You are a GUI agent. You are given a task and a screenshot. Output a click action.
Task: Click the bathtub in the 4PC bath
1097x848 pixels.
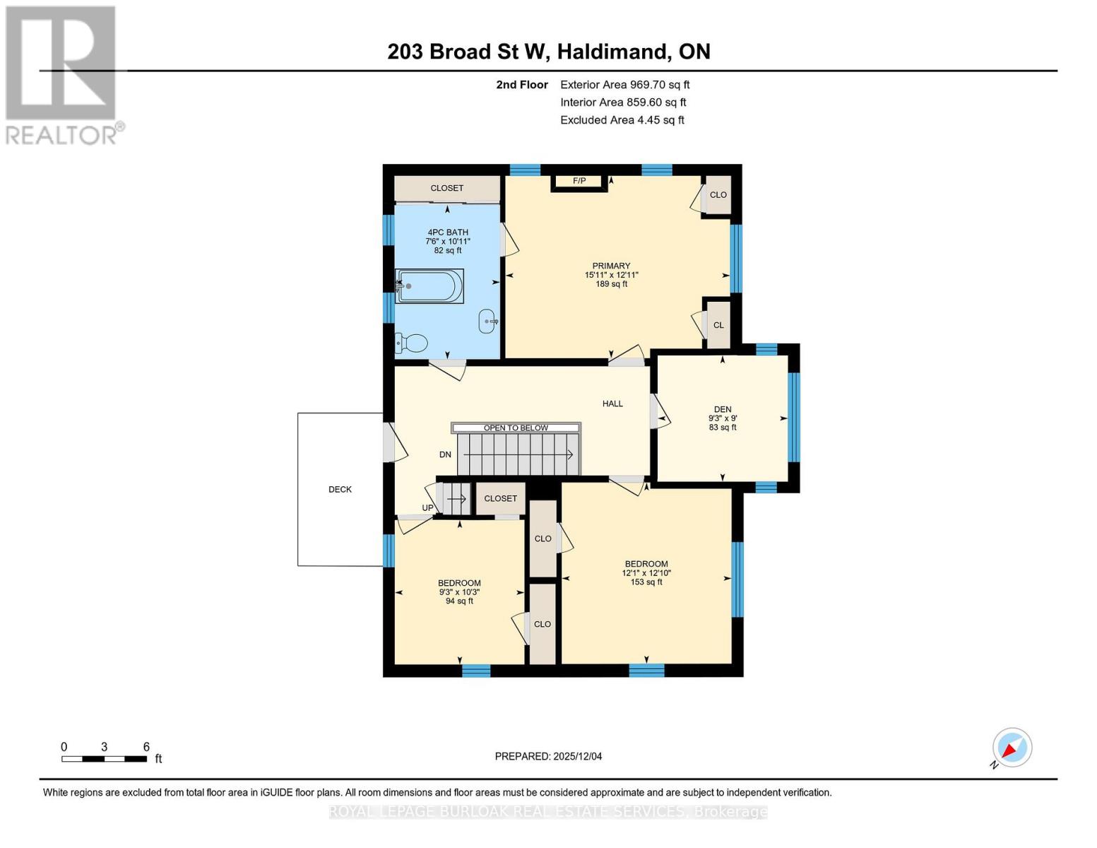point(429,286)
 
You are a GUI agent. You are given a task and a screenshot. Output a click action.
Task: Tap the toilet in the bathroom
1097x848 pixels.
point(412,343)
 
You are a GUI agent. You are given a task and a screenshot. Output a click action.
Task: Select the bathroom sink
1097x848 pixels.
point(488,321)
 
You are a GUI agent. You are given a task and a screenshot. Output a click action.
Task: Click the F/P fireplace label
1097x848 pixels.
point(579,181)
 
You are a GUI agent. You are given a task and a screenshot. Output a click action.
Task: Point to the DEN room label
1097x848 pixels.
point(722,409)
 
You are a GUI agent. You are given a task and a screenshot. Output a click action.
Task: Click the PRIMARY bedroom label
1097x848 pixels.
point(611,266)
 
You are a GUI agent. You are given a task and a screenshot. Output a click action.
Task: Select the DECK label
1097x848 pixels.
point(340,489)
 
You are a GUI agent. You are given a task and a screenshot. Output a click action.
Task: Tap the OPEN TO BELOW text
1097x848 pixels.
point(516,428)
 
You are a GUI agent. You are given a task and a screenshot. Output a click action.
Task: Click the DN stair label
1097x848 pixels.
point(445,454)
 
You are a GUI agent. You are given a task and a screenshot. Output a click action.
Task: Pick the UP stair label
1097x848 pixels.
point(428,507)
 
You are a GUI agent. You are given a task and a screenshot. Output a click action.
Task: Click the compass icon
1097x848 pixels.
point(1012,747)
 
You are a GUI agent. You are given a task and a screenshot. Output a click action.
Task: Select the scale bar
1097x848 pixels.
point(104,759)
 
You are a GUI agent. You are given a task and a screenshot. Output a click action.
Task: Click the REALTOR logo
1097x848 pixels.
point(62,74)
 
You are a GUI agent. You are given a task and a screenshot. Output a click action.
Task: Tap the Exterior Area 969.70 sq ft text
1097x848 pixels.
point(624,84)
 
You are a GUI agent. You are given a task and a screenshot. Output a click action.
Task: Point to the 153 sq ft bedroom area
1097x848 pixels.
point(646,582)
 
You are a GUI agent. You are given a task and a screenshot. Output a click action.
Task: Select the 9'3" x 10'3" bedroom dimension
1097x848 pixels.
point(459,592)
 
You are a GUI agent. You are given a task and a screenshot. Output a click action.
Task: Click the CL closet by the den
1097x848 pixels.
point(718,325)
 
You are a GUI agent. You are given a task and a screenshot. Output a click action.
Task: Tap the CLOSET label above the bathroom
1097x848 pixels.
point(447,188)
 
